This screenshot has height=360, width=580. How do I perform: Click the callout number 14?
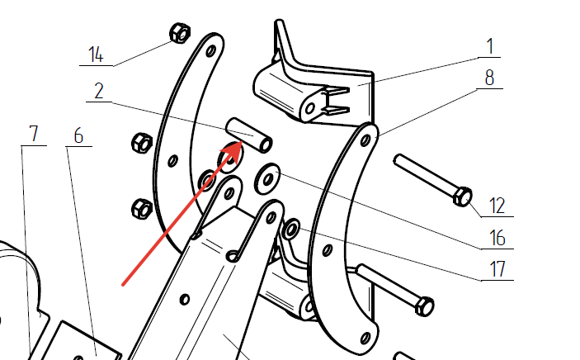[x=97, y=54]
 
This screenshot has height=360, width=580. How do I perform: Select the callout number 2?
[x=99, y=91]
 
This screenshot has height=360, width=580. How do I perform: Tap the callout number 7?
[x=34, y=134]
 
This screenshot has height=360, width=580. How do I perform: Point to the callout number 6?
[x=78, y=135]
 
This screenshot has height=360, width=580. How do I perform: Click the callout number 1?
[x=490, y=46]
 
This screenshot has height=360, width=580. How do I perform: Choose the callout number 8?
[x=489, y=78]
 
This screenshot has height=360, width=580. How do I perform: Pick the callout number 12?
[x=497, y=206]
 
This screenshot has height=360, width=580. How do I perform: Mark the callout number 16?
[x=497, y=238]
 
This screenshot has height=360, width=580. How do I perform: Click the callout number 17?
[x=497, y=269]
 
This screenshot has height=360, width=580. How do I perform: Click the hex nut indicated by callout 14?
[x=180, y=33]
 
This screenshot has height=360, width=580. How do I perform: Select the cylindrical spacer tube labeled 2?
[x=249, y=135]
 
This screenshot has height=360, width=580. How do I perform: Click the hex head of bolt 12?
[x=463, y=197]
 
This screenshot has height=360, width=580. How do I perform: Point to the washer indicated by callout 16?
[x=267, y=178]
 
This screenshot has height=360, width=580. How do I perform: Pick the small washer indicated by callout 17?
[x=291, y=230]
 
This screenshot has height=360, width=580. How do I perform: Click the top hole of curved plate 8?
[x=365, y=140]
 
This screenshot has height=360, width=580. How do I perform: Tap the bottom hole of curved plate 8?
[x=365, y=338]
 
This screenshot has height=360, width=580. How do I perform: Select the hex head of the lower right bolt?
[x=424, y=306]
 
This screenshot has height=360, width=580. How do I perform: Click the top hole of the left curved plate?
[x=210, y=50]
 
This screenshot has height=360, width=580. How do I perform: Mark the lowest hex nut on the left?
[x=142, y=209]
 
